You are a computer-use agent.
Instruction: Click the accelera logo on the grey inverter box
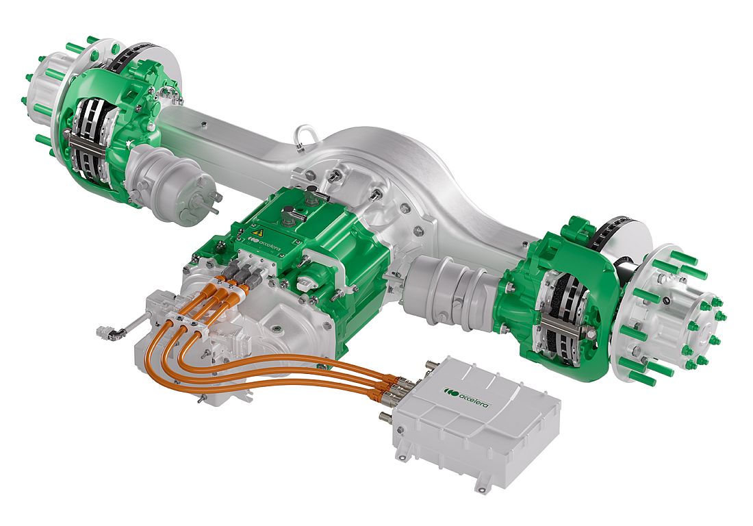tap(467, 397)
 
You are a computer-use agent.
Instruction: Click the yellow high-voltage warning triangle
tap(258, 233)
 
